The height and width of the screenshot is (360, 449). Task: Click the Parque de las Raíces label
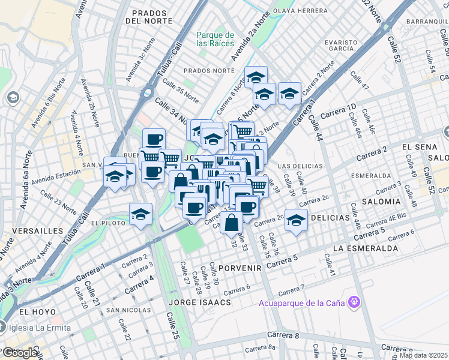click(x=215, y=39)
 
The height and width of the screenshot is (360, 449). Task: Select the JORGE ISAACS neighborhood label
click(x=200, y=302)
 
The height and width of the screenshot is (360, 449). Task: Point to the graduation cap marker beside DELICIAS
click(x=296, y=220)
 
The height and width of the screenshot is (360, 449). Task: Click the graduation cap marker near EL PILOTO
click(x=140, y=214)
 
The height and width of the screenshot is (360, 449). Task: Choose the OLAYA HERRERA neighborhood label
click(x=300, y=11)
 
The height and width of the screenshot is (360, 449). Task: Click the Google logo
click(x=20, y=353)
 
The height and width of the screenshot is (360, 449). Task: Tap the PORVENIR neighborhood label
click(x=240, y=268)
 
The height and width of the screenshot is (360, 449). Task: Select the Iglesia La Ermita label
click(x=39, y=328)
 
